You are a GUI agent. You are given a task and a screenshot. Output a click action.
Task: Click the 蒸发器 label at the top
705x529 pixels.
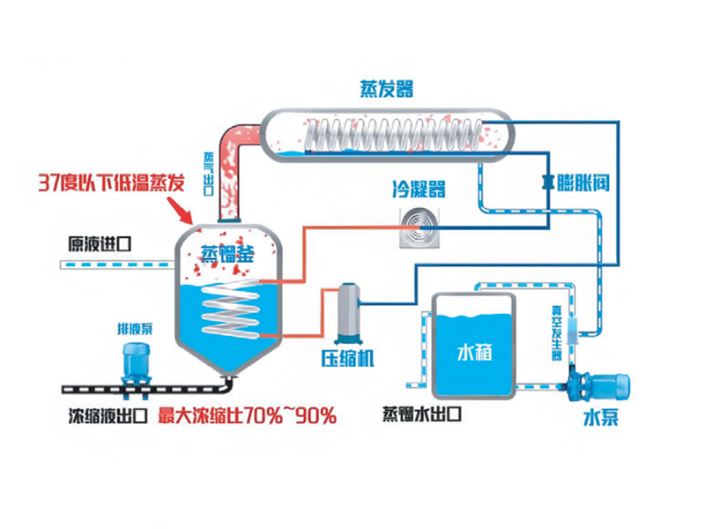pos(386,88)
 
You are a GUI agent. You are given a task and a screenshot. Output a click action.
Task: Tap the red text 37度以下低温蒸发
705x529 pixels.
pos(111,183)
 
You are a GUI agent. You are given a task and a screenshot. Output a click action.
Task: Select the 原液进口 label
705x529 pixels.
pos(100,244)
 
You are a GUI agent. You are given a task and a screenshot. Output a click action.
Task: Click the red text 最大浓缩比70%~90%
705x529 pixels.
pos(248,415)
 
